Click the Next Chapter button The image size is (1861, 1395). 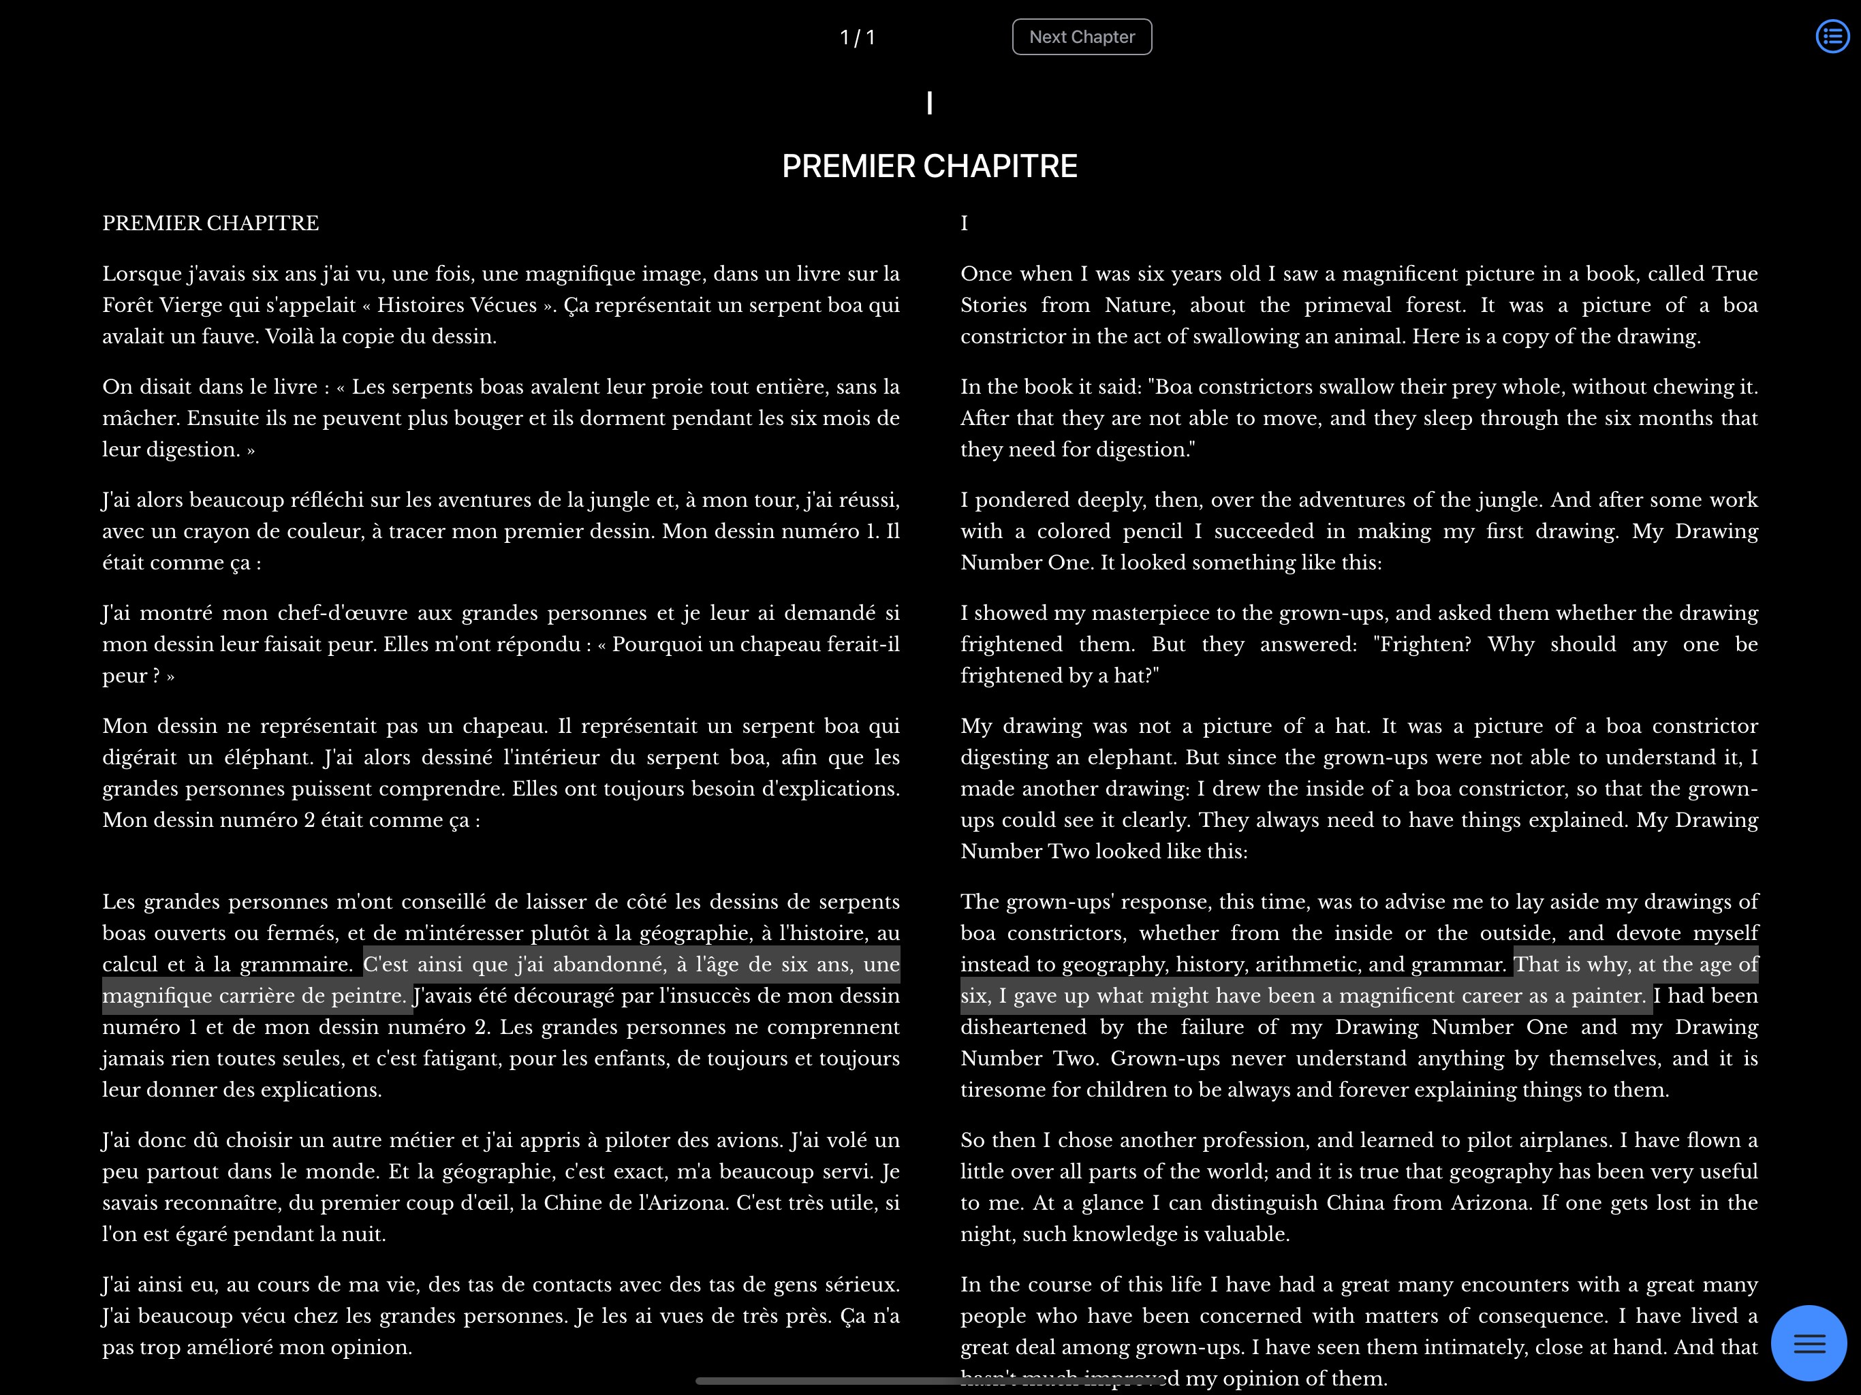1081,37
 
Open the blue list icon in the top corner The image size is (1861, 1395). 1832,36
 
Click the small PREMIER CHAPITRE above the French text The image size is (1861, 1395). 210,223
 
